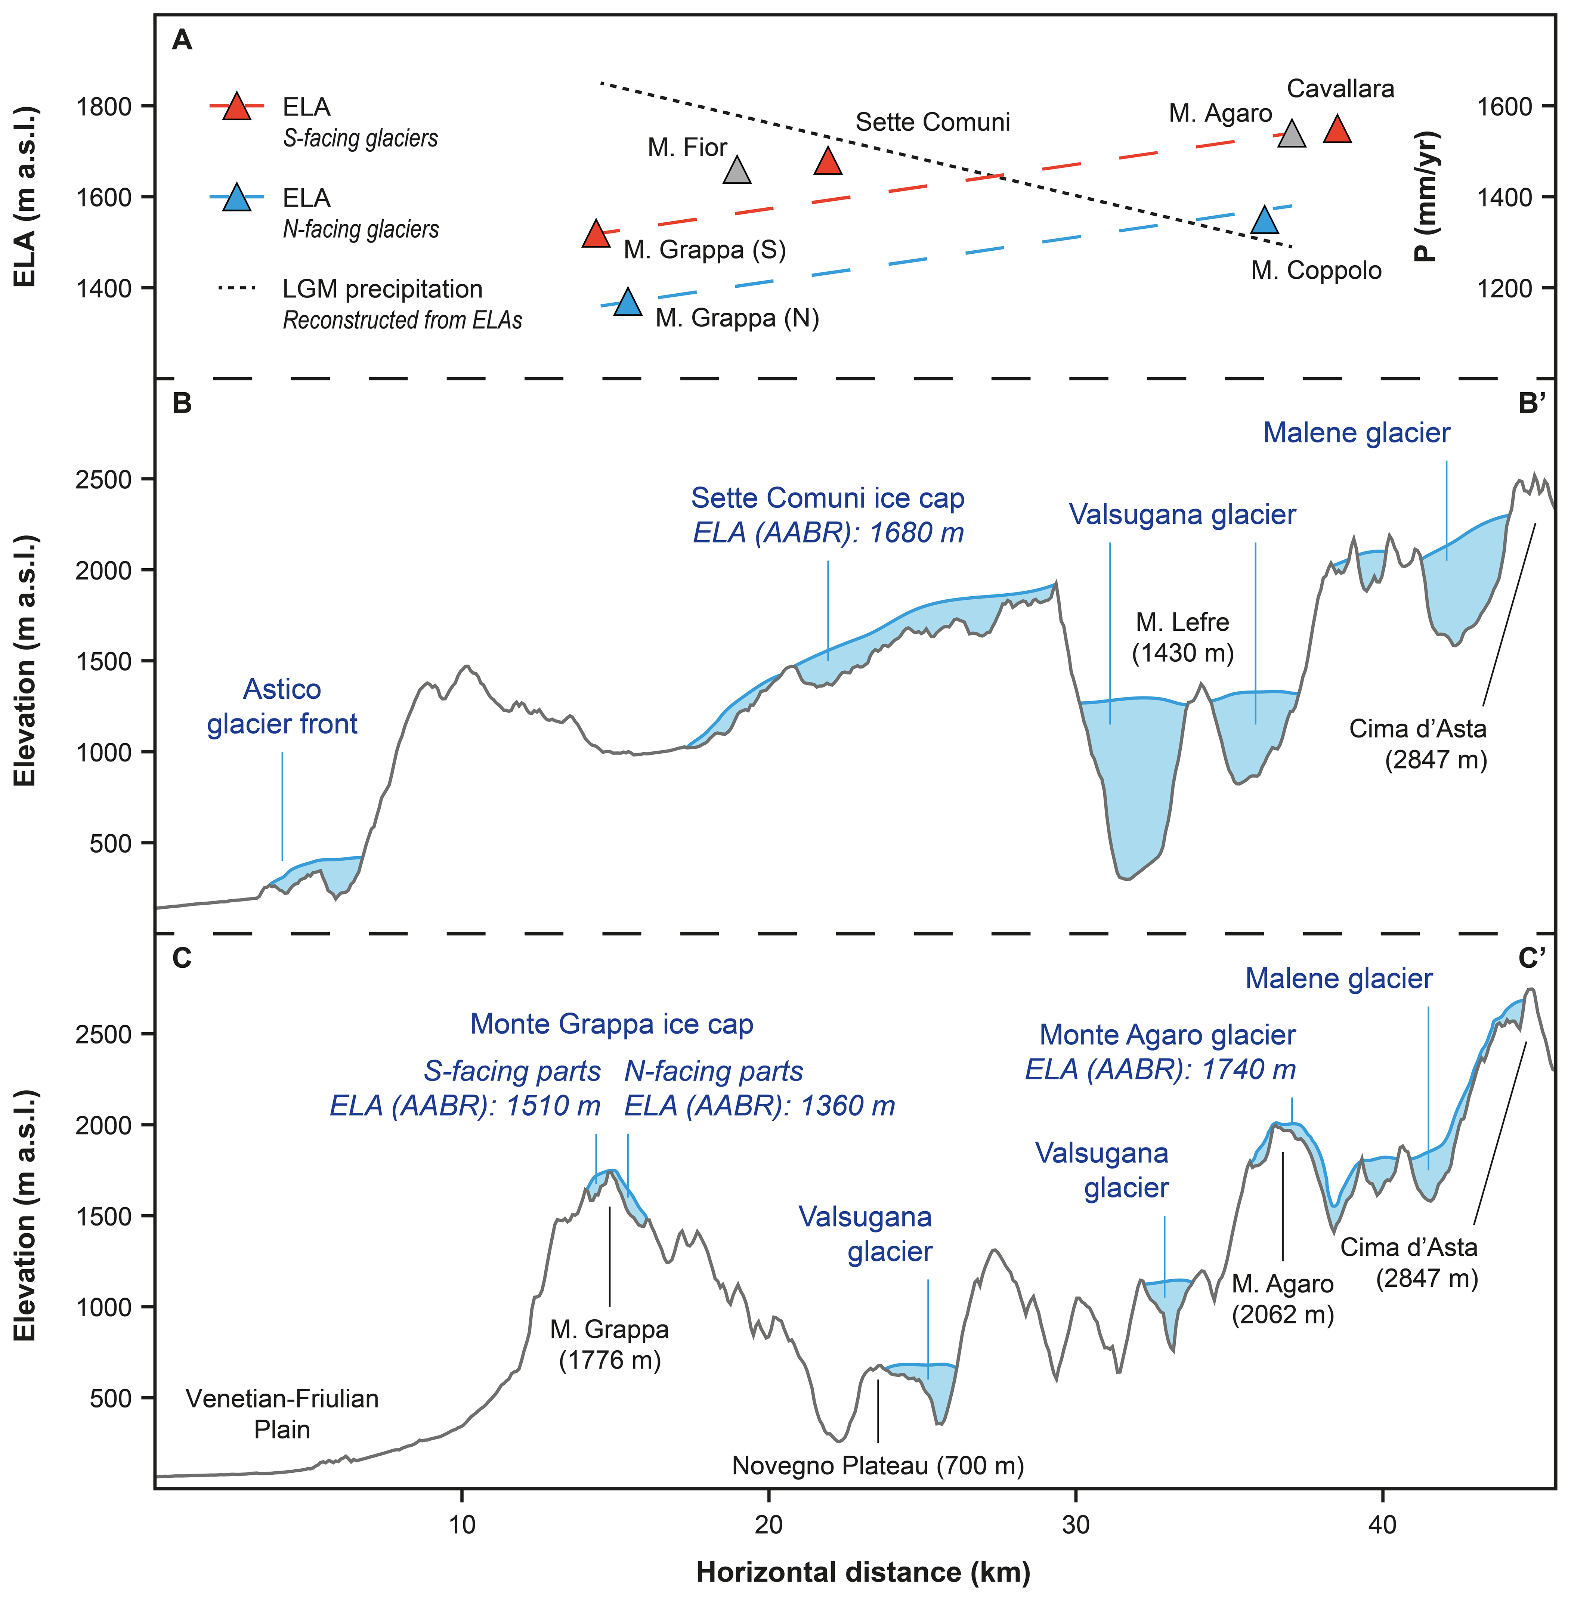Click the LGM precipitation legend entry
point(382,290)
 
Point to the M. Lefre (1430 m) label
point(1182,637)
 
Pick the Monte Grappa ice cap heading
point(612,1024)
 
